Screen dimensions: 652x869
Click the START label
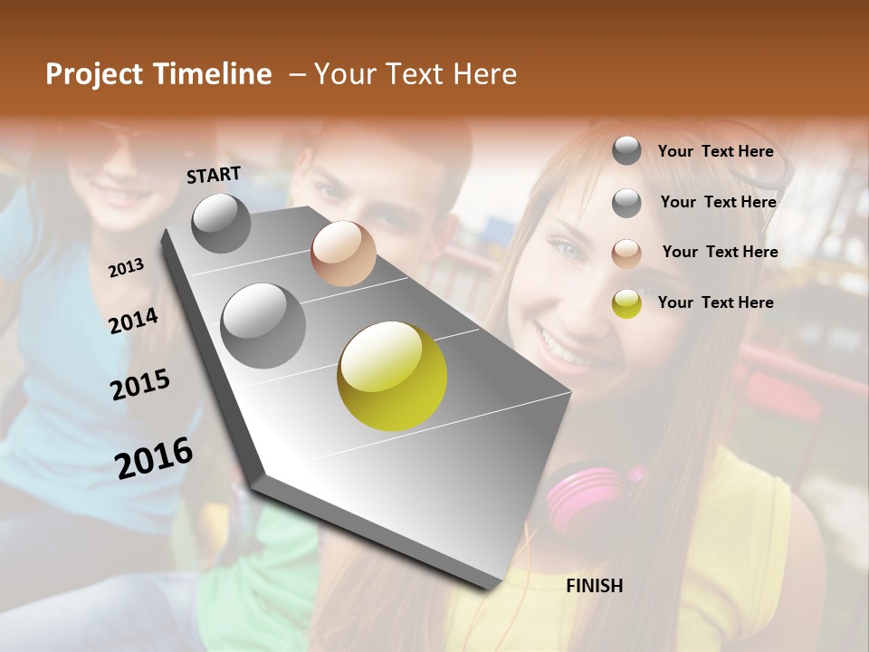[214, 175]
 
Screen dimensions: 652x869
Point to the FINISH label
[594, 586]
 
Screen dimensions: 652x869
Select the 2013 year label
[126, 267]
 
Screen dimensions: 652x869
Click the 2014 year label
[133, 321]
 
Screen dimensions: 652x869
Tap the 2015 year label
[140, 385]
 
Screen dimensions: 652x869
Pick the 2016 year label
[154, 457]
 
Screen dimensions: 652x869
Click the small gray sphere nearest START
[221, 223]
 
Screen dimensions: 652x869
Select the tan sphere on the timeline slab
[343, 253]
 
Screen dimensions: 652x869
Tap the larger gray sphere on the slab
[263, 325]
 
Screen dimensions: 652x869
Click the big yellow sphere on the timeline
[392, 376]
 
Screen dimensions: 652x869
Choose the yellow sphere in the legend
[626, 303]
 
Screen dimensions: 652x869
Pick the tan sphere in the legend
[626, 253]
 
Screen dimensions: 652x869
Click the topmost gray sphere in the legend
[626, 150]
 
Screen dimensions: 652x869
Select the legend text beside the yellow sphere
[715, 302]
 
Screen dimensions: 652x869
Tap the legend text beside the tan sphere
[720, 252]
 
